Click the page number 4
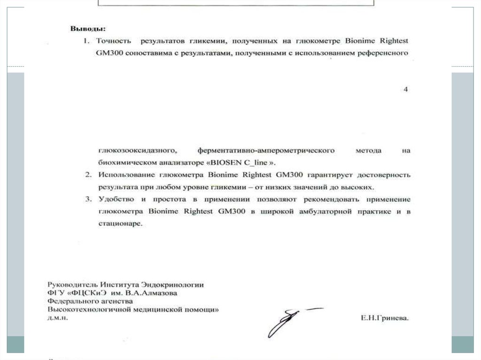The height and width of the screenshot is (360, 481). pos(406,89)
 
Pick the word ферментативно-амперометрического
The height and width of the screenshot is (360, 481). pos(266,151)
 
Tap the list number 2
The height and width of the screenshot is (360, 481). pos(88,175)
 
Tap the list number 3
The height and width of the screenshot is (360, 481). pos(88,199)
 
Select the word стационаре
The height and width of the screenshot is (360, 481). pos(120,224)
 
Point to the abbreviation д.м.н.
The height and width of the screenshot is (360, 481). pos(58,318)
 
